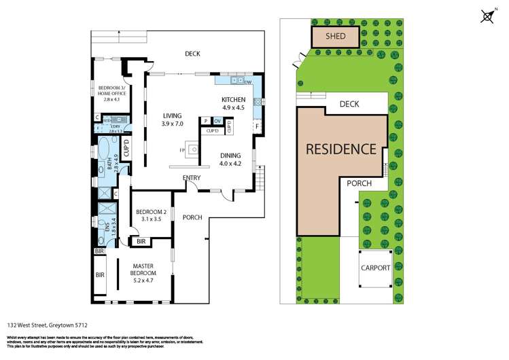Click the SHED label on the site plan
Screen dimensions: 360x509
pyautogui.click(x=335, y=37)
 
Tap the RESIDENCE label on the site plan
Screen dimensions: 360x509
pyautogui.click(x=340, y=149)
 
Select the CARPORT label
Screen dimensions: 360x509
pyautogui.click(x=375, y=268)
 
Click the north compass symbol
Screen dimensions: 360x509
pyautogui.click(x=487, y=16)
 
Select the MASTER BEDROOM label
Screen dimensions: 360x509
pyautogui.click(x=143, y=269)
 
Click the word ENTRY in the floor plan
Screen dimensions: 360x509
pyautogui.click(x=192, y=178)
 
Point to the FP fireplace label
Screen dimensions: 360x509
pyautogui.click(x=182, y=149)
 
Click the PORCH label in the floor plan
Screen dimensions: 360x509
pyautogui.click(x=193, y=217)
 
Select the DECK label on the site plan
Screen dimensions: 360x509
pyautogui.click(x=349, y=104)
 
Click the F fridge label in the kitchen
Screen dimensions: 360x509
pyautogui.click(x=256, y=126)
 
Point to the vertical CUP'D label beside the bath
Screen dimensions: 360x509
pyautogui.click(x=126, y=147)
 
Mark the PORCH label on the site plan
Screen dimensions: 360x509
pyautogui.click(x=358, y=183)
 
